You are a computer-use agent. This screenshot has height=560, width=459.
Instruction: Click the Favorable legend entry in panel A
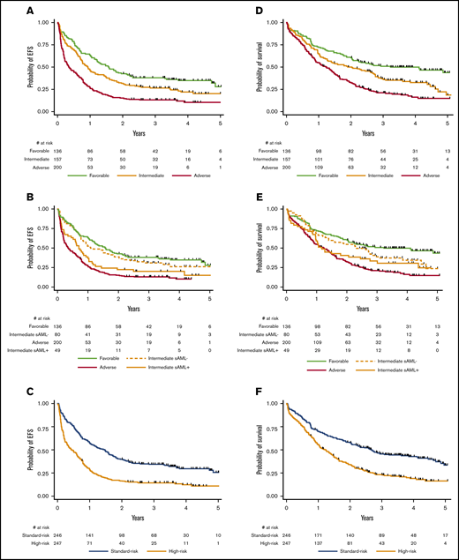click(97, 175)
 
